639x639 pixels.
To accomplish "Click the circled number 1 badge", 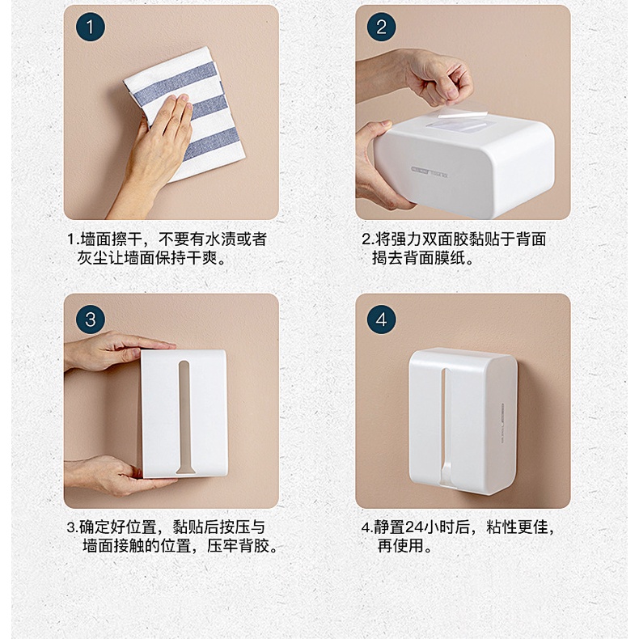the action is pyautogui.click(x=91, y=27).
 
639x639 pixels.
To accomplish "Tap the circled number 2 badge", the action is pyautogui.click(x=382, y=27).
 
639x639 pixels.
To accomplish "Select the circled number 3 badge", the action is pyautogui.click(x=91, y=319).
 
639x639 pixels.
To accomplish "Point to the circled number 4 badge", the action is pyautogui.click(x=382, y=319).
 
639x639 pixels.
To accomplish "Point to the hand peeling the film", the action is pyautogui.click(x=420, y=78).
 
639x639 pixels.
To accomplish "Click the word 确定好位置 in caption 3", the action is pyautogui.click(x=118, y=527).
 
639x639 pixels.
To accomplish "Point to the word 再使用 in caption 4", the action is pyautogui.click(x=400, y=546).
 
